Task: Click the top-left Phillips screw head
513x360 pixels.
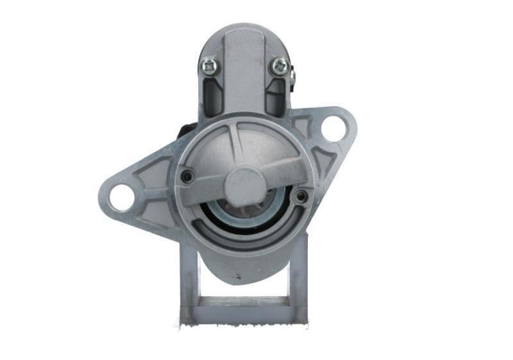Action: coord(209,65)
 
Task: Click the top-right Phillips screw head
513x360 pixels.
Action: coord(279,65)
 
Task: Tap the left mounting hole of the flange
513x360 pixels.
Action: coord(121,197)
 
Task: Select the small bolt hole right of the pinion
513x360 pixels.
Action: coord(299,196)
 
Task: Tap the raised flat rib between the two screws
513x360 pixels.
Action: coord(244,64)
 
